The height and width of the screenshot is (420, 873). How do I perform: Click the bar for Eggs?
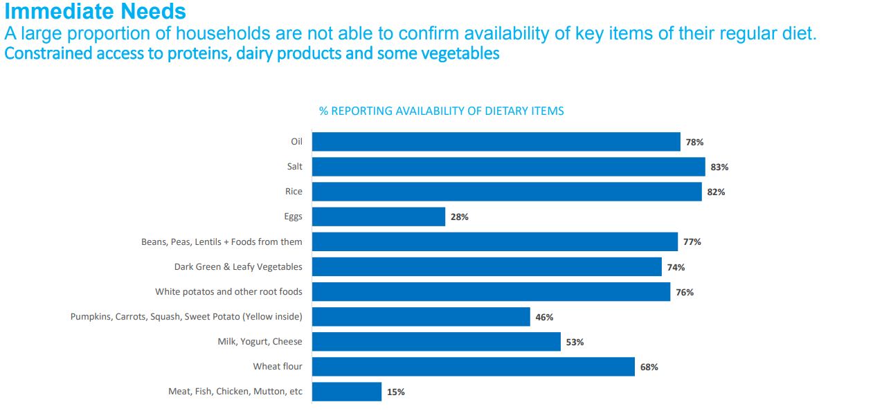click(379, 217)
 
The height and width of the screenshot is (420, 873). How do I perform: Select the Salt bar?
click(508, 167)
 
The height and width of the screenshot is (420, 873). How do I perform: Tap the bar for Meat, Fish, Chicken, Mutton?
click(347, 392)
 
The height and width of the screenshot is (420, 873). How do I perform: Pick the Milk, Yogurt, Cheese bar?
click(436, 342)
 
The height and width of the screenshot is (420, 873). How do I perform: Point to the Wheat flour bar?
click(474, 367)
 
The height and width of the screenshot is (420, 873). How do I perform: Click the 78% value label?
click(694, 142)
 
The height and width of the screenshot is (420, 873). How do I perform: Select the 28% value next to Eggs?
click(460, 217)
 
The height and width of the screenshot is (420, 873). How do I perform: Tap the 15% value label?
click(396, 392)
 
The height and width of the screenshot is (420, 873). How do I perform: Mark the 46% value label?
click(544, 317)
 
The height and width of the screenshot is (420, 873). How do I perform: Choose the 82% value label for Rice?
click(716, 192)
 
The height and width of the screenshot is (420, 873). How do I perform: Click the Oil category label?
click(296, 142)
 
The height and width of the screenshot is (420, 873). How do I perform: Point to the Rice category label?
click(294, 192)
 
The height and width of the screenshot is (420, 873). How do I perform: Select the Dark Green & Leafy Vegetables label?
click(238, 266)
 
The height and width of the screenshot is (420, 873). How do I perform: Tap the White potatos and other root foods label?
click(228, 292)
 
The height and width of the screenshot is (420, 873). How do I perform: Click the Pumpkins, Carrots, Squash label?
click(186, 317)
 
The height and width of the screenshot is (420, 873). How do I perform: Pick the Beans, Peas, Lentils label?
click(222, 241)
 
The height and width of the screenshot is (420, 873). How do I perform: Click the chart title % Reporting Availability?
click(441, 111)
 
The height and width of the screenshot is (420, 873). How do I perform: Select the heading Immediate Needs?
click(95, 12)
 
